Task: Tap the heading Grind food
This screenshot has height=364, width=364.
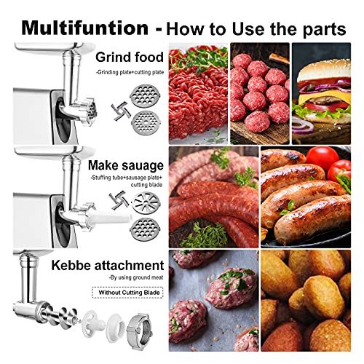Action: click(129, 56)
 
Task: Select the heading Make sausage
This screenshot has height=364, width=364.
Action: click(128, 167)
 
